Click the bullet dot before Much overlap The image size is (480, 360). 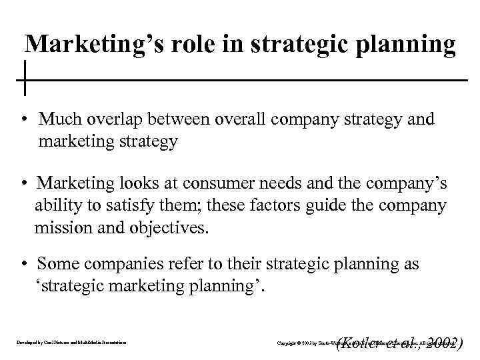pos(23,120)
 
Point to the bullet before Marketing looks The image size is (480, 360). pos(23,183)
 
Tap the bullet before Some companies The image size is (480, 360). pos(23,265)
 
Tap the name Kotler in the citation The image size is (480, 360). pos(364,343)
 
